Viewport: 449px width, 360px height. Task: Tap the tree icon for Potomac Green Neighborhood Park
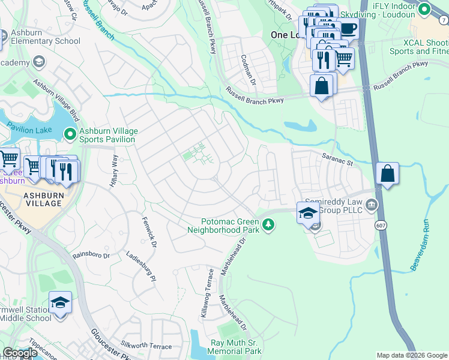coord(269,225)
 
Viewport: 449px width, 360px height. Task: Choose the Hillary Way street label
coord(115,171)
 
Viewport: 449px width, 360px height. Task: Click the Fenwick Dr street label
coord(149,232)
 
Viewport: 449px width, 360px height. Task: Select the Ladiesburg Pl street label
coord(140,265)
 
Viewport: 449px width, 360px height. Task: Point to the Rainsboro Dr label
coord(91,255)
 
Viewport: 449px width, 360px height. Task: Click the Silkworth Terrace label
coord(146,346)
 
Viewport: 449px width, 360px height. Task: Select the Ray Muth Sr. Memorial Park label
coord(236,347)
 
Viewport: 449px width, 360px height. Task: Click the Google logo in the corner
coord(20,353)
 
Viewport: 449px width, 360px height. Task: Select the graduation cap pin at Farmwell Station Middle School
coord(60,302)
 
